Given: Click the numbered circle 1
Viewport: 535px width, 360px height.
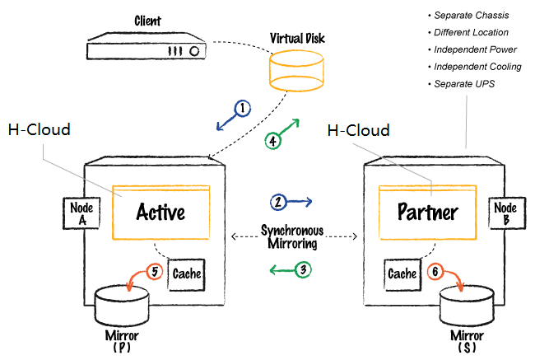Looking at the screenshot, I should (242, 108).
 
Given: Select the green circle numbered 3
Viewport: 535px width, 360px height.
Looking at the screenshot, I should (304, 269).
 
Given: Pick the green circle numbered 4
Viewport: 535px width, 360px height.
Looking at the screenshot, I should (272, 140).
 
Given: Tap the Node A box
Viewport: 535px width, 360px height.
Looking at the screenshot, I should (81, 213).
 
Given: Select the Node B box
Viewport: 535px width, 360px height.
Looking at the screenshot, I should (505, 213).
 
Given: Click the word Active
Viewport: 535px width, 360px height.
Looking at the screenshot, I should (161, 213).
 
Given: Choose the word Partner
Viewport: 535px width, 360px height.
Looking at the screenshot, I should (428, 213).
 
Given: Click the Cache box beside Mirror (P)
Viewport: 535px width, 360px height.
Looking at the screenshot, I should (186, 273).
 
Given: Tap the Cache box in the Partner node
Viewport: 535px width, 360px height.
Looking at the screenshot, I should (402, 273).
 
